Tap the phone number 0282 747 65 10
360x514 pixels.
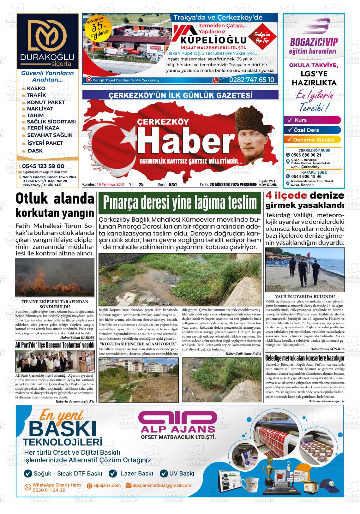[252, 80]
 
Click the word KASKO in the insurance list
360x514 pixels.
[36, 88]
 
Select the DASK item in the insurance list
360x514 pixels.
[35, 151]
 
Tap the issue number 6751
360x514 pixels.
[173, 185]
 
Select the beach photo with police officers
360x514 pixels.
[305, 270]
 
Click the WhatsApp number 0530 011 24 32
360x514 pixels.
[49, 490]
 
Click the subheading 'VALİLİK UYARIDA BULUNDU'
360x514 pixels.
[305, 297]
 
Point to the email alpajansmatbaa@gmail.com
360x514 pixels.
[162, 485]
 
